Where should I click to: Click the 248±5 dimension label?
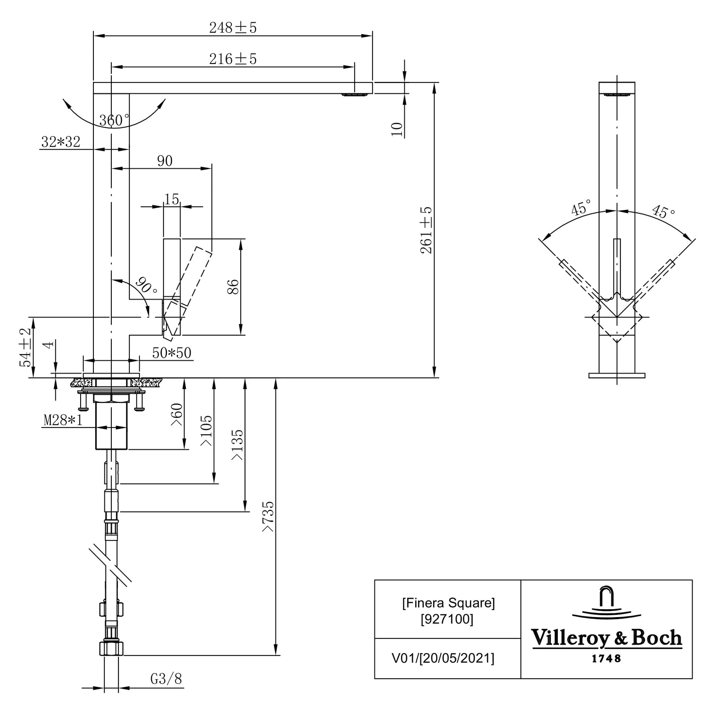(233, 28)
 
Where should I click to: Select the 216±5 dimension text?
(233, 59)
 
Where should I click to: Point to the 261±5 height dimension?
(427, 230)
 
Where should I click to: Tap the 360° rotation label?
(114, 120)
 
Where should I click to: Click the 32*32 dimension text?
(61, 141)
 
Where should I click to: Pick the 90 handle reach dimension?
(164, 161)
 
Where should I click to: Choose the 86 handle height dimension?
(233, 287)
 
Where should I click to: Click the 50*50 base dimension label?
(172, 353)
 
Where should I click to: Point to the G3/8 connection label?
(166, 679)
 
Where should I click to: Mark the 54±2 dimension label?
(26, 347)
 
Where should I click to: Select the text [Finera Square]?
(448, 603)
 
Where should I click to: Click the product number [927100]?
(447, 619)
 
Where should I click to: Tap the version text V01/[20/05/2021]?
(443, 658)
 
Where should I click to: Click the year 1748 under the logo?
(606, 658)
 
